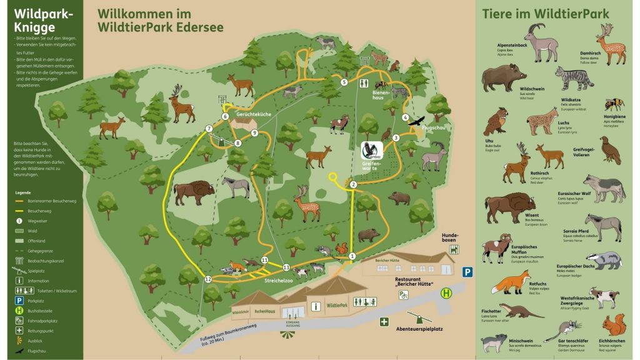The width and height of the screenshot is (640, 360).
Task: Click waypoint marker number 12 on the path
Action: [208, 279]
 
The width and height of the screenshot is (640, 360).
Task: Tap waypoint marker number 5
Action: [344, 82]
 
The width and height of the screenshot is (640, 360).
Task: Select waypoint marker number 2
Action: [353, 184]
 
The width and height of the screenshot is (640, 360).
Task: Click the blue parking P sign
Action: [467, 272]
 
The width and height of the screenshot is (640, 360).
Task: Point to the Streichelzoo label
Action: [279, 281]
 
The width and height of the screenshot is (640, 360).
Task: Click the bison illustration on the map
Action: [194, 192]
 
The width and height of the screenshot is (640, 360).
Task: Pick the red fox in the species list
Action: [511, 284]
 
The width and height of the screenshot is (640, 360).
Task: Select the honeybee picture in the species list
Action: [614, 103]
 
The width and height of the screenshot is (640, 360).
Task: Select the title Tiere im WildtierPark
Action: [546, 14]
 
